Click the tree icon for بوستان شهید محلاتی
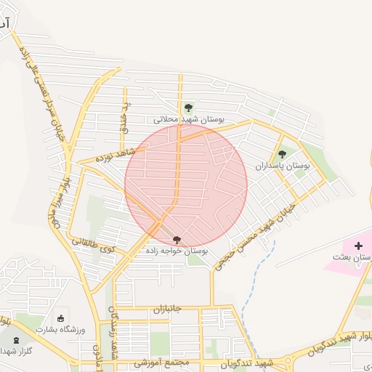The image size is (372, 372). point(189,108)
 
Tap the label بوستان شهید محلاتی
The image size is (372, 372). point(189,118)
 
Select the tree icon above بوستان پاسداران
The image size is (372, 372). point(282,154)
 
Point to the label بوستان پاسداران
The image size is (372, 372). point(282,166)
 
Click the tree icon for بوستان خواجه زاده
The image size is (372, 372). point(177,239)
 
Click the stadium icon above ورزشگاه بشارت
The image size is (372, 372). point(60,318)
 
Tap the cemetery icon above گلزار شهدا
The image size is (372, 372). point(16,339)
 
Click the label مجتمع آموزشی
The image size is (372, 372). point(161,362)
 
